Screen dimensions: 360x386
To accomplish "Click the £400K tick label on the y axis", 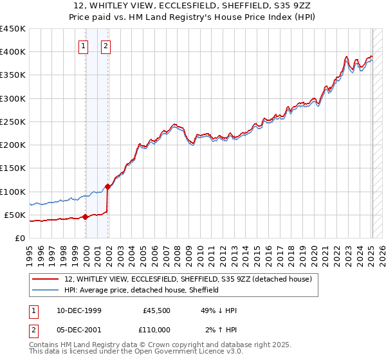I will click(x=12, y=52).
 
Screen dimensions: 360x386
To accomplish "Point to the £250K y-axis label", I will click(x=12, y=122).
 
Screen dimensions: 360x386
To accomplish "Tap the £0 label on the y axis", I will click(x=19, y=238).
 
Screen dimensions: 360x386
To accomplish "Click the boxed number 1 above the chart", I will click(x=84, y=46).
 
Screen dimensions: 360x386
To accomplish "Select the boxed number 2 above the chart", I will click(x=106, y=46).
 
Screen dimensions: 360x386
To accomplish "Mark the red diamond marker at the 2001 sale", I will click(x=108, y=186).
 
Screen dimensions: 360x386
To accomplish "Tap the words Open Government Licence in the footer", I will click(x=194, y=352).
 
